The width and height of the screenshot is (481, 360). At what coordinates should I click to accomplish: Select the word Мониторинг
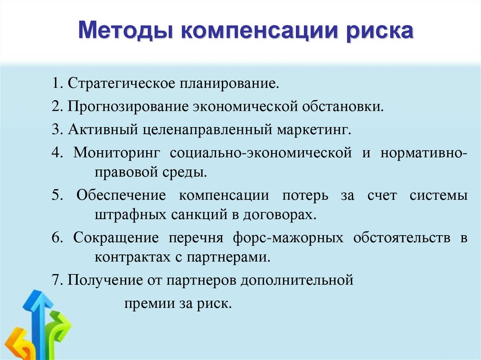(116, 153)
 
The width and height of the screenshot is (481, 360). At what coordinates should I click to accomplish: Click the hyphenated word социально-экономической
(261, 153)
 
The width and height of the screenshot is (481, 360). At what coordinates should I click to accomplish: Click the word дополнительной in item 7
(297, 281)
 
